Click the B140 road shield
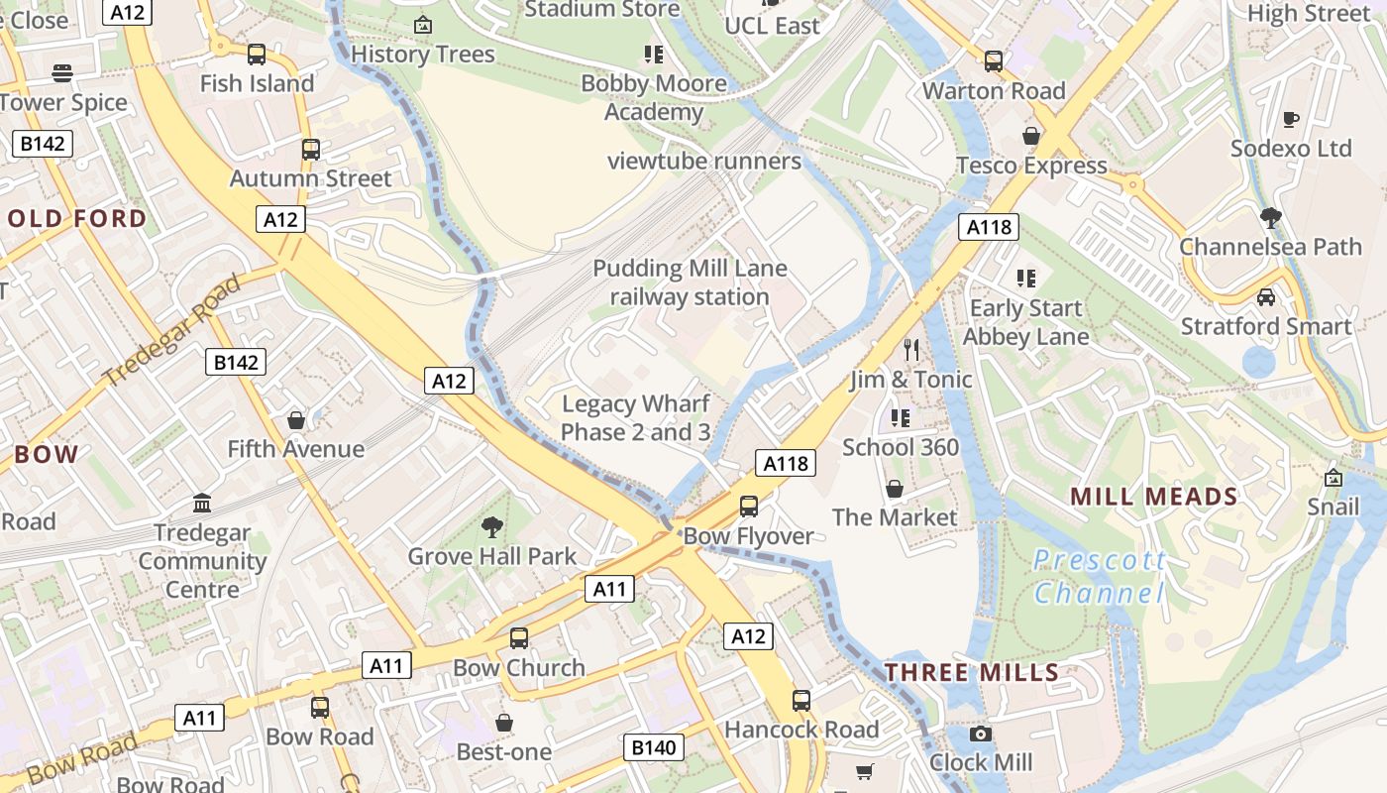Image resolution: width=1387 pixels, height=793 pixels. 654,746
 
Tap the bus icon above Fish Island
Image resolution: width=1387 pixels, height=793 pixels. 257,55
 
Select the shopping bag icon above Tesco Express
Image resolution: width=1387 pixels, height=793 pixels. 1031,136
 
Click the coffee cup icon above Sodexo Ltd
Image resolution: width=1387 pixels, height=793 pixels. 1291,119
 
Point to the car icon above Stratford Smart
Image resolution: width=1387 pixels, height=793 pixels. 1265,296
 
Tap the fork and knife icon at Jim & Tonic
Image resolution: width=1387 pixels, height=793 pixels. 911,349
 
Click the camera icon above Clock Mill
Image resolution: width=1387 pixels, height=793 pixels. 980,734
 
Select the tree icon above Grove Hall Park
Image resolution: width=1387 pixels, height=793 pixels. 491,526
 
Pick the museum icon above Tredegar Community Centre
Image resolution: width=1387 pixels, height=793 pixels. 202,503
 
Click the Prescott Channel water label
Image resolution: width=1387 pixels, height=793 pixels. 1099,577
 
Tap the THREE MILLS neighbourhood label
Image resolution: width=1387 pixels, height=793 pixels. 972,672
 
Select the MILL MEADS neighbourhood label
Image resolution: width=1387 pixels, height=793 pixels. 1154,497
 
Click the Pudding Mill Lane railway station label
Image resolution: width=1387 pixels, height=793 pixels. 690,283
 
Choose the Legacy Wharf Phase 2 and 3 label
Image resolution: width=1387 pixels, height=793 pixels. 635,417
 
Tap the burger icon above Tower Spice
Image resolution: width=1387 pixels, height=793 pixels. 62,72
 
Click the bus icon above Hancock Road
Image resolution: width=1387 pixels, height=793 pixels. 801,701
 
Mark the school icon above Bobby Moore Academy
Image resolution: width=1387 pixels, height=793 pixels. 653,54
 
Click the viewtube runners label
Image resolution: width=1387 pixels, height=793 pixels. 703,161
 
